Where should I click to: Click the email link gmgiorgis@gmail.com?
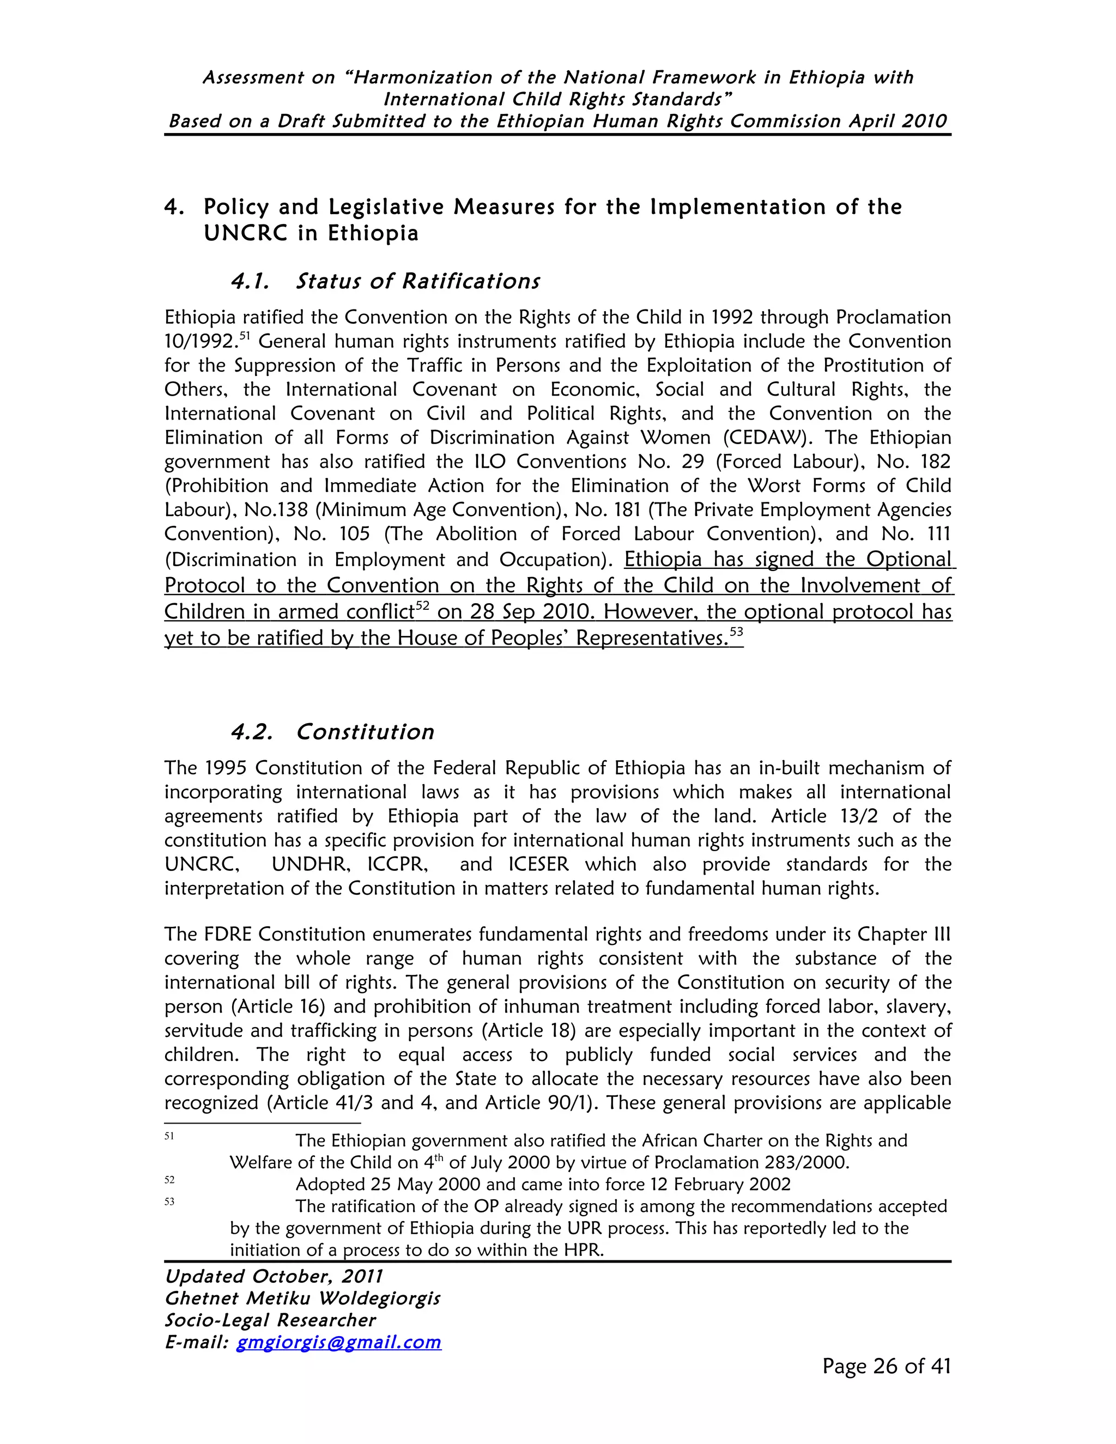tap(338, 1342)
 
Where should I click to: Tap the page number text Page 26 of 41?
tap(886, 1366)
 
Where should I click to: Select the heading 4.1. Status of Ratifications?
tap(385, 281)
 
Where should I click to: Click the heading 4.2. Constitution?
tap(332, 732)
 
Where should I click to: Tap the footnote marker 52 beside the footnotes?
tap(169, 1180)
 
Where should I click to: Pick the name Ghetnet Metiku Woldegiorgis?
tap(302, 1298)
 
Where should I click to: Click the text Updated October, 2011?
tap(274, 1276)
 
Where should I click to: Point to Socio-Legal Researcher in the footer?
tap(270, 1320)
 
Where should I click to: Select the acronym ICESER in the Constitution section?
tap(538, 864)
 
